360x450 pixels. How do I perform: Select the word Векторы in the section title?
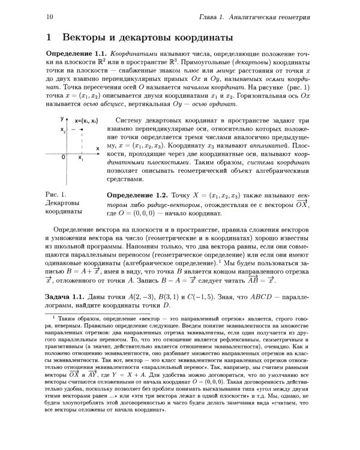point(88,38)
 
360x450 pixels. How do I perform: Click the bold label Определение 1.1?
point(76,54)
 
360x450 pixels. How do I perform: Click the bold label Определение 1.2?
point(136,196)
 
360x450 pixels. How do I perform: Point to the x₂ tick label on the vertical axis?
point(62,130)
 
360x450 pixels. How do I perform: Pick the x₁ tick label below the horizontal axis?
point(81,157)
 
